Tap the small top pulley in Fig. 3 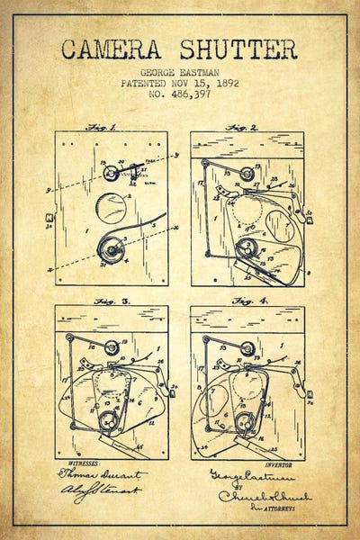point(111,346)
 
